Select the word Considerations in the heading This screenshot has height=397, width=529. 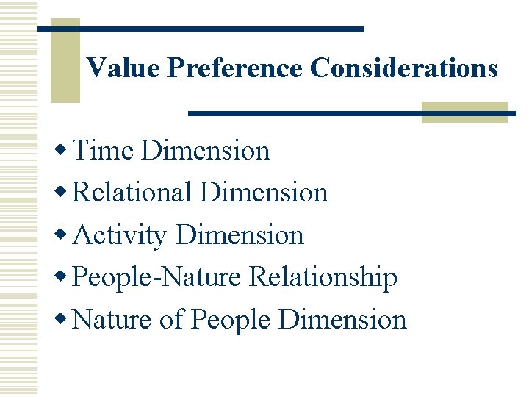point(403,68)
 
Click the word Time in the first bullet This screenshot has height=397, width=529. point(104,151)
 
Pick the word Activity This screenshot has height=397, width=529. point(120,236)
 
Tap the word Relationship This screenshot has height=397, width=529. point(323,278)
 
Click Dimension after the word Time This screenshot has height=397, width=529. point(206,151)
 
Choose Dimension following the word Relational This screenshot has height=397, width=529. point(264,193)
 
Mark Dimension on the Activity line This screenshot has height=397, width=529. point(240,235)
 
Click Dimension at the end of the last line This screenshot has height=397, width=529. point(342,320)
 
